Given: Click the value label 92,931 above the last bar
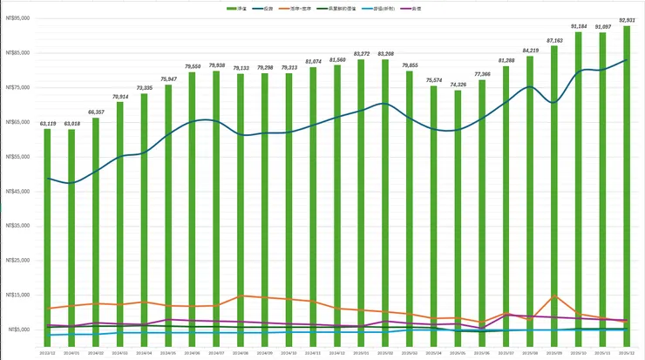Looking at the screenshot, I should (x=626, y=20).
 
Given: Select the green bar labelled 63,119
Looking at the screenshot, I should (x=48, y=235).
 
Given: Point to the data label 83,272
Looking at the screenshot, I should (x=361, y=54).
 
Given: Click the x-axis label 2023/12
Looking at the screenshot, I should (x=48, y=354).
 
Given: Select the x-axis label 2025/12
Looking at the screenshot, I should (x=626, y=354).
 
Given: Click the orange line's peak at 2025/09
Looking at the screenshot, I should (x=553, y=296).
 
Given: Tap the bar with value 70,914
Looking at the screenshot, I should (x=120, y=218).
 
